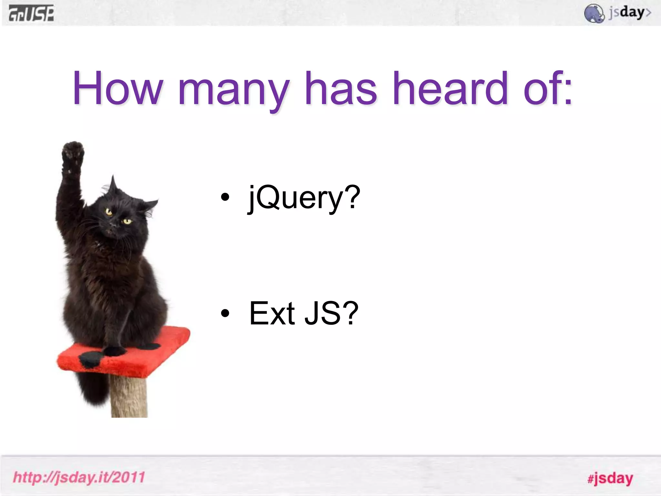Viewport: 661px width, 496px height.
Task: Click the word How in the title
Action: tap(117, 88)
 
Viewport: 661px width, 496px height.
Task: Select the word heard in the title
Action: tap(451, 88)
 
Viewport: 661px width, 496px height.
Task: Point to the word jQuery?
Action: tap(304, 198)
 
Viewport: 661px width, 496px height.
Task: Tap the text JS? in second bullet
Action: tap(331, 313)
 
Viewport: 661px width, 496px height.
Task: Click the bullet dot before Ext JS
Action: tap(225, 313)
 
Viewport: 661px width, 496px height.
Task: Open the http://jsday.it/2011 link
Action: tap(79, 477)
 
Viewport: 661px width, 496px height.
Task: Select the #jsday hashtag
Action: tap(610, 478)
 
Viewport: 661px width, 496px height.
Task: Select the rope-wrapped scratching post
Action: tap(129, 397)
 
